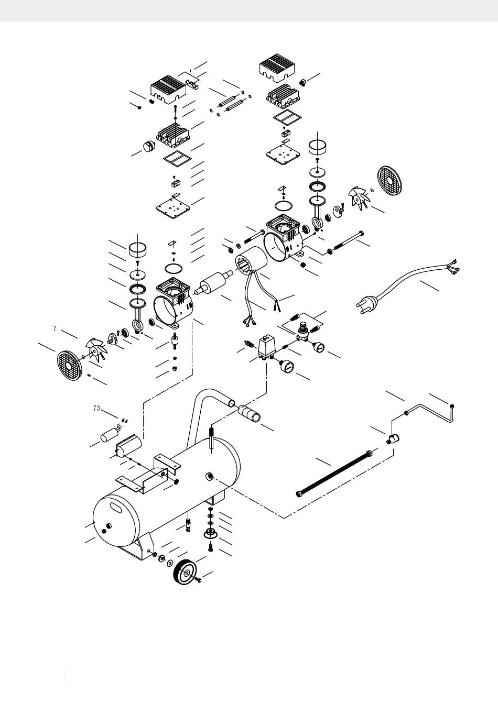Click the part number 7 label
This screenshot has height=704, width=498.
click(55, 328)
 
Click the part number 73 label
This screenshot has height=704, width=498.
click(96, 408)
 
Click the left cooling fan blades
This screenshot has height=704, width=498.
click(95, 349)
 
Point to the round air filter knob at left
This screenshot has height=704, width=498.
click(149, 146)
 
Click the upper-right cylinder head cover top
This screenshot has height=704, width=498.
click(277, 65)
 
